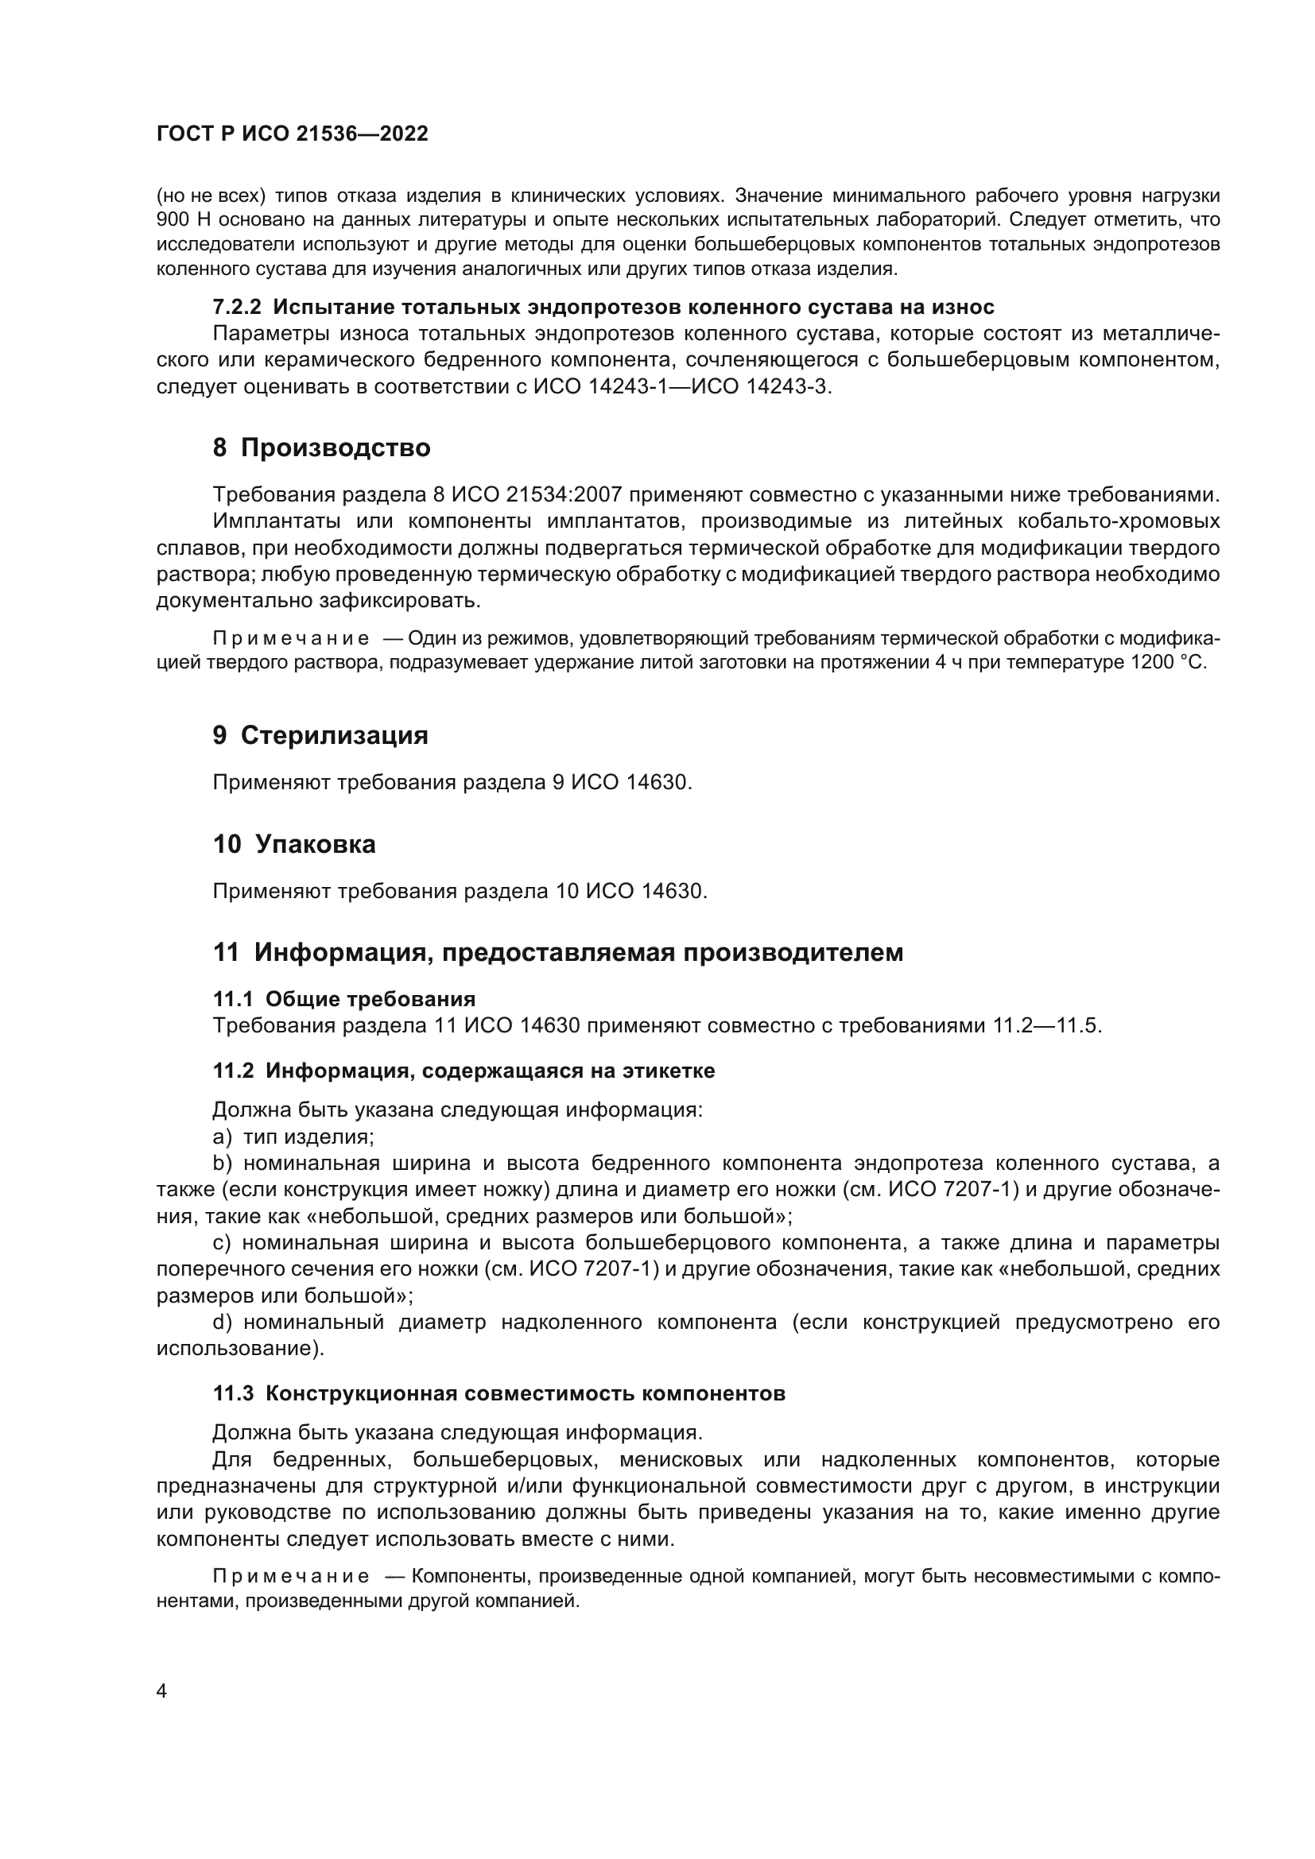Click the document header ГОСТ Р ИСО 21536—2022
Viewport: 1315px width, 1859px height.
(x=293, y=134)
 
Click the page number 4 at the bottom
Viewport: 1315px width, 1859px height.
(x=161, y=1691)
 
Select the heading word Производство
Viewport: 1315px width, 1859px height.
(x=336, y=447)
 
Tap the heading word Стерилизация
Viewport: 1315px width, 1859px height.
(x=335, y=735)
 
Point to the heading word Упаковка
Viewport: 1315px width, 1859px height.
(x=315, y=845)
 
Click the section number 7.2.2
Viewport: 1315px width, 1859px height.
(x=236, y=307)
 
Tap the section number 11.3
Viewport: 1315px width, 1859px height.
(x=232, y=1393)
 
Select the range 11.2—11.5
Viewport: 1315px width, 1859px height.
(x=1047, y=1026)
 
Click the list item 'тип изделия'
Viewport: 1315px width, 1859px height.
(x=308, y=1137)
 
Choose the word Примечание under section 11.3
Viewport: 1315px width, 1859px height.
(x=291, y=1576)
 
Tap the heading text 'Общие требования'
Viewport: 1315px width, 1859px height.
(x=370, y=998)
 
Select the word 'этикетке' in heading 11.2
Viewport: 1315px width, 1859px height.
(x=668, y=1071)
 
